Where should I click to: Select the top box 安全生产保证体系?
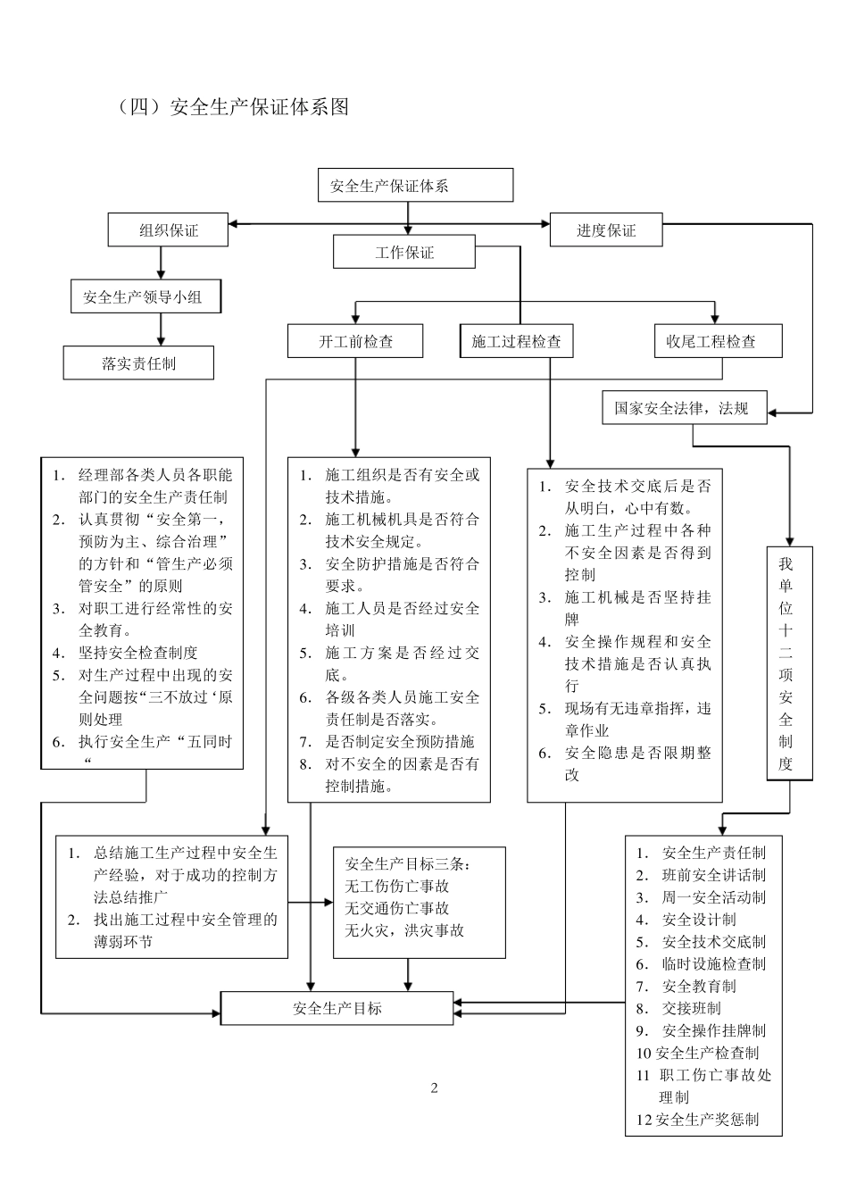tap(415, 186)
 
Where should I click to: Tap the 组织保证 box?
tap(168, 230)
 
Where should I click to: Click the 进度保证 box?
tap(606, 230)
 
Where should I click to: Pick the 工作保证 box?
tap(404, 253)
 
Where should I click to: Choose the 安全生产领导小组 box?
tap(145, 296)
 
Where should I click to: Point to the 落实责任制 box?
tap(138, 363)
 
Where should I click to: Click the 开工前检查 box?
tap(356, 341)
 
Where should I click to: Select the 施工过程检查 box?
tap(517, 341)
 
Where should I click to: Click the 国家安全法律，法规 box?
tap(684, 408)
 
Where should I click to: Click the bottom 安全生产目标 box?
tap(337, 1008)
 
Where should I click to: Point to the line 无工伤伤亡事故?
tap(396, 886)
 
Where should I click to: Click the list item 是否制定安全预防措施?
tap(399, 741)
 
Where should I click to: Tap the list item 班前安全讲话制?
tap(713, 875)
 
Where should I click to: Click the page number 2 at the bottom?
tap(435, 1087)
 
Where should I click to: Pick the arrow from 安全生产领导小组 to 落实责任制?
tap(162, 329)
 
